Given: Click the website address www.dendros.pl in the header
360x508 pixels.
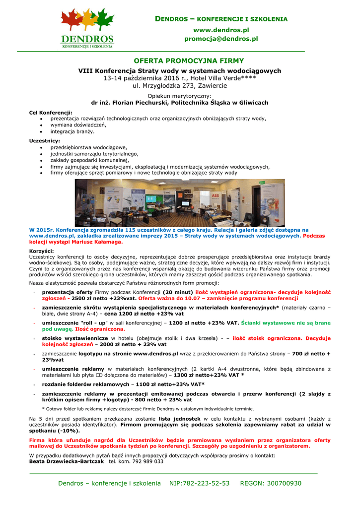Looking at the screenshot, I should point(221,30).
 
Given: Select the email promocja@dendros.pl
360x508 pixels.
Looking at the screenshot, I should point(221,38).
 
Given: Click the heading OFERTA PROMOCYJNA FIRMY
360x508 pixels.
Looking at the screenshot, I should point(180,61).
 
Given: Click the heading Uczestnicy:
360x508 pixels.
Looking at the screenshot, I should point(44,141).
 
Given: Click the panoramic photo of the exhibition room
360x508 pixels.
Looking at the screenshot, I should point(180,202).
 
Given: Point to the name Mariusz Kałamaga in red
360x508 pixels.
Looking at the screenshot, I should point(97,242).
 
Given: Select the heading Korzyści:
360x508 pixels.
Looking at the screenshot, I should point(42,251).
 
